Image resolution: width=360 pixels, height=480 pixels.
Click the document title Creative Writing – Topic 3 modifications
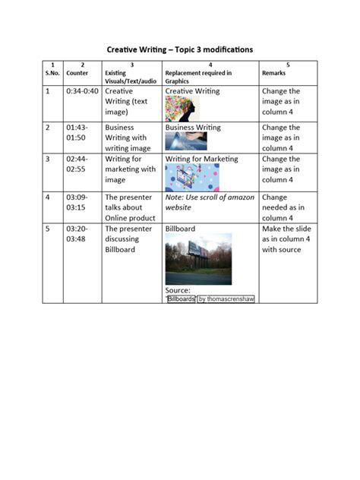tap(179, 49)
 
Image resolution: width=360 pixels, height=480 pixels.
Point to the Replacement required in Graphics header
tap(198, 73)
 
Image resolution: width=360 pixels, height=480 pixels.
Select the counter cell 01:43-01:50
tap(79, 133)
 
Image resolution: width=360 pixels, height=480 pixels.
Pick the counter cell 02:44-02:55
tap(79, 164)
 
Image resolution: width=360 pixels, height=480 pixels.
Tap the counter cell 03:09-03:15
tap(79, 201)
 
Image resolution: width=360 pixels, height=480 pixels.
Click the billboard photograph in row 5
tap(198, 259)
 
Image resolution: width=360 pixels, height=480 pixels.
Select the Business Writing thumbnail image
tap(185, 141)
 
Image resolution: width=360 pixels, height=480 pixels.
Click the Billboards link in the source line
tap(181, 299)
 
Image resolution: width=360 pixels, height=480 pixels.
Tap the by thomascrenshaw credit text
tap(226, 299)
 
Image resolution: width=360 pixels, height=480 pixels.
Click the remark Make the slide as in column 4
tap(281, 238)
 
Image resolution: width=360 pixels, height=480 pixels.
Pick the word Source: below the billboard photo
tap(178, 290)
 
